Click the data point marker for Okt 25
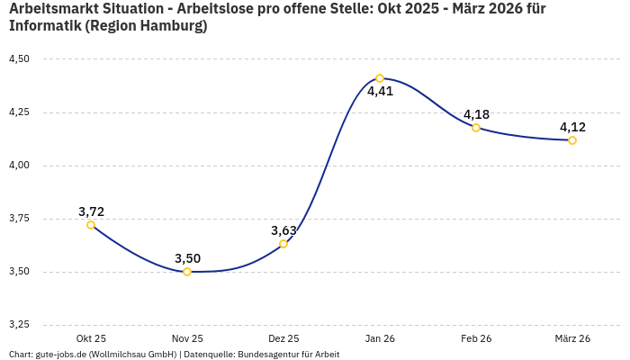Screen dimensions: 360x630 (91, 225)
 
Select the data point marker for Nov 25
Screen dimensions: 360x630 (187, 272)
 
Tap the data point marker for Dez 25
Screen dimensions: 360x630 (283, 244)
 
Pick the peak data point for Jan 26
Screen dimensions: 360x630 (380, 78)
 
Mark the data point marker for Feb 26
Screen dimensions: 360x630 (476, 128)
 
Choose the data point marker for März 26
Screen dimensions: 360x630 (572, 140)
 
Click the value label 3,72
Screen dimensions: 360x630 (91, 211)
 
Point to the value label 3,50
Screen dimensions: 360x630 (187, 258)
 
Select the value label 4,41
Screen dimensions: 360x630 (380, 91)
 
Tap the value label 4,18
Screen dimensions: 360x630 (476, 114)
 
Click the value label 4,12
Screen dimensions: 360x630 (572, 127)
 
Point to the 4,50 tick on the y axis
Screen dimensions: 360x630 (18, 59)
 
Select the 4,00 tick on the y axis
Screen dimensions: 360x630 (18, 166)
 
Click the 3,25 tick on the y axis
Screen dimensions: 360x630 (18, 324)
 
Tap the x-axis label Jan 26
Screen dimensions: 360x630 (380, 338)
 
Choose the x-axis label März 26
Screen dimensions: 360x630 (572, 338)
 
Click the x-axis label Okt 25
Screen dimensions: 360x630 (91, 338)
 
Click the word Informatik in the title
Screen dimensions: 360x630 (44, 26)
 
